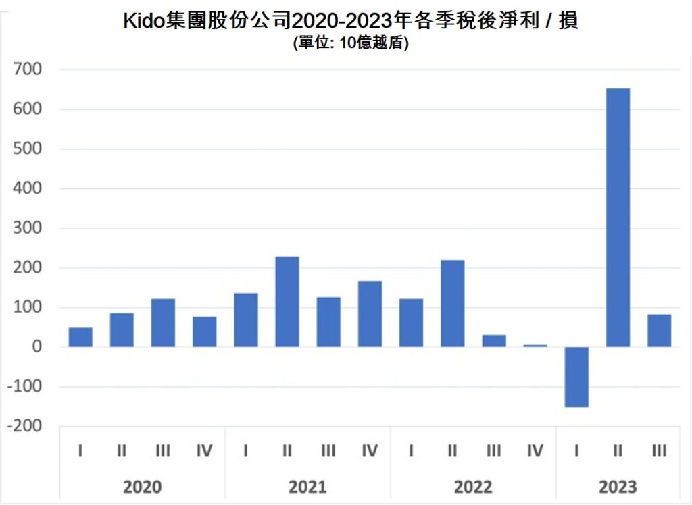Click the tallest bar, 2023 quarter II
click(x=618, y=217)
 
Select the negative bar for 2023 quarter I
click(x=576, y=377)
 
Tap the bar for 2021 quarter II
click(x=287, y=302)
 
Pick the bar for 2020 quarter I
click(x=80, y=337)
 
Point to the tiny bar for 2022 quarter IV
click(x=535, y=346)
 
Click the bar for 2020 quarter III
click(x=163, y=323)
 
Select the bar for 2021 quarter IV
click(x=370, y=314)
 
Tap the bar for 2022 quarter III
click(x=493, y=341)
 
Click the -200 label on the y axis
click(x=24, y=427)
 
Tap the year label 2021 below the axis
click(x=307, y=487)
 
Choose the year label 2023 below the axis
click(x=618, y=487)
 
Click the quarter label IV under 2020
click(x=204, y=450)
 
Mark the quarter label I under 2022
click(x=411, y=450)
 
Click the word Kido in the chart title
click(x=144, y=21)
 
